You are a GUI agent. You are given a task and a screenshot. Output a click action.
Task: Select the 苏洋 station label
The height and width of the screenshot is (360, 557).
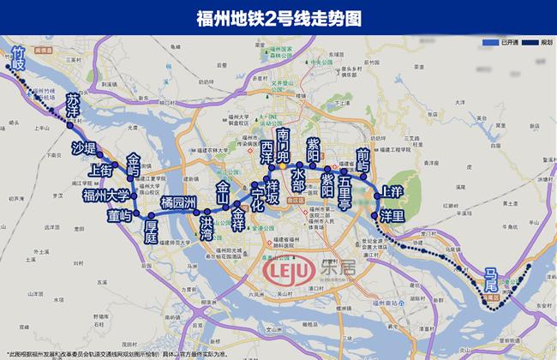point(73,105)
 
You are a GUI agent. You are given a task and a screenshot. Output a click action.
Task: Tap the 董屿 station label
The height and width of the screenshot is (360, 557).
point(119,217)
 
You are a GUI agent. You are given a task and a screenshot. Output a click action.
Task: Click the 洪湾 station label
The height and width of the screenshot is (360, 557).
point(206,227)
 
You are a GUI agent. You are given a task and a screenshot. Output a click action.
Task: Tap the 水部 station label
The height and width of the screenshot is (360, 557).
point(298,177)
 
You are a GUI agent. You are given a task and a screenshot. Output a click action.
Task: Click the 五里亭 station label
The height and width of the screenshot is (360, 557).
point(344,192)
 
